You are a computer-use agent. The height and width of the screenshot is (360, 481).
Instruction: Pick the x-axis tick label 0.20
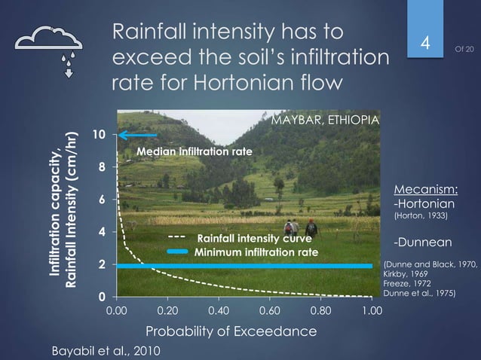click(x=167, y=310)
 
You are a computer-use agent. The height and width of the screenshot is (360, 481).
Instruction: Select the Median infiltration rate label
click(x=194, y=152)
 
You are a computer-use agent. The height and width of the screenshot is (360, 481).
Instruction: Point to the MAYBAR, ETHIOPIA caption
click(x=323, y=122)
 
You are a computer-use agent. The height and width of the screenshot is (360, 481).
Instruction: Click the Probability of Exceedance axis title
click(x=231, y=331)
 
